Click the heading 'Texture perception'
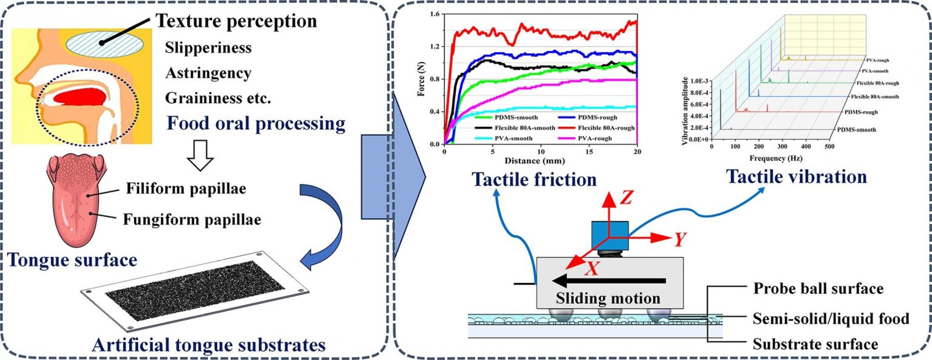237,22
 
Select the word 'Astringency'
208,73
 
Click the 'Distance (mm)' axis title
534,161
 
